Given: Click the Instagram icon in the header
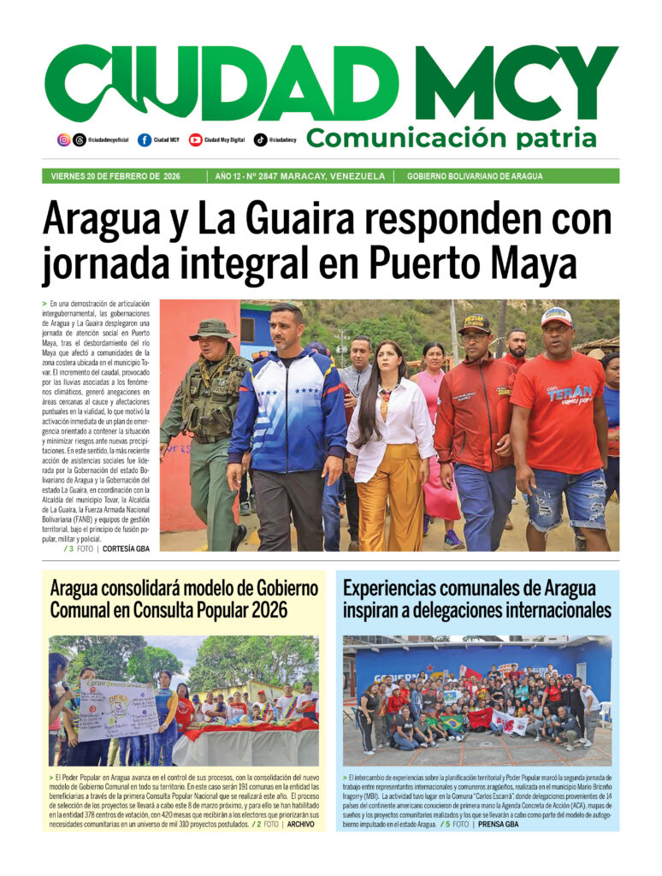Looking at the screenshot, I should pyautogui.click(x=64, y=139).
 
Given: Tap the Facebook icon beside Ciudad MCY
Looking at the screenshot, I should pyautogui.click(x=145, y=139).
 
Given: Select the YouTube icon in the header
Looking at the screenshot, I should pyautogui.click(x=196, y=139).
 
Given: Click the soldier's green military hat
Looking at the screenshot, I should pyautogui.click(x=212, y=328).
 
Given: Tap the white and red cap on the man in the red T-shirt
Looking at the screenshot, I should pyautogui.click(x=557, y=316).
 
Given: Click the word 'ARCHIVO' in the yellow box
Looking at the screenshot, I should pyautogui.click(x=300, y=825).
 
